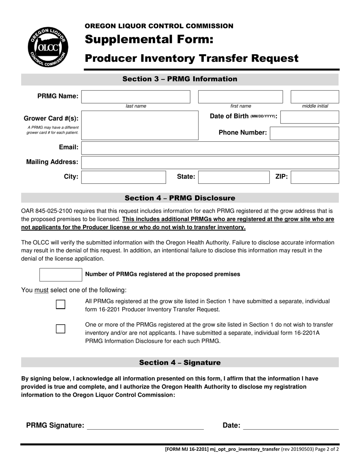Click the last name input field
point(136,97)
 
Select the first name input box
point(240,97)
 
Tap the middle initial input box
point(315,97)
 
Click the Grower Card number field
point(139,125)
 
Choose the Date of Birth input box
point(310,117)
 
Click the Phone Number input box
point(304,133)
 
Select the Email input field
point(210,148)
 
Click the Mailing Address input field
point(210,162)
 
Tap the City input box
point(124,177)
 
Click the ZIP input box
point(315,177)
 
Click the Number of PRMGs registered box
point(61,275)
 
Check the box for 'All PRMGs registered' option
point(61,305)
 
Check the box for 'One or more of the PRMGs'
point(61,328)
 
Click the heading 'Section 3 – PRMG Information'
point(180,79)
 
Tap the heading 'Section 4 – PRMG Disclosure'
point(180,198)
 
